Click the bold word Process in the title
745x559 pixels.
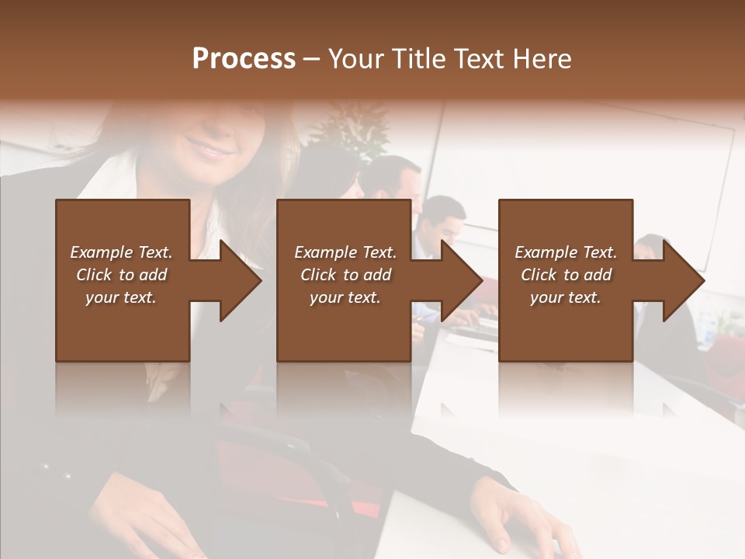(x=244, y=59)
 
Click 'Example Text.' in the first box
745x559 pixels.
(x=121, y=252)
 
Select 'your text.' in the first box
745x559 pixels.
(x=121, y=297)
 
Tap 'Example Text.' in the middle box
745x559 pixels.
(x=345, y=252)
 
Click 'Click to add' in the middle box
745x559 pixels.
(x=345, y=275)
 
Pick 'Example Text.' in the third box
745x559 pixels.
(x=566, y=252)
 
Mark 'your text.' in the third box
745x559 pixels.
(x=566, y=297)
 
